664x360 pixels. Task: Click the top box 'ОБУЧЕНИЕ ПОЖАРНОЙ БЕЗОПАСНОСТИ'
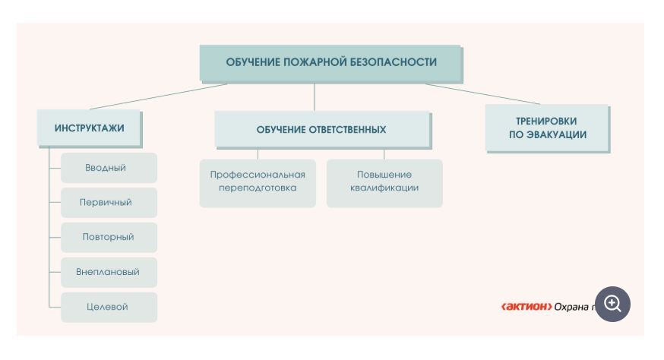330,63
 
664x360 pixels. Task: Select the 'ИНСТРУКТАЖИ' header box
90,128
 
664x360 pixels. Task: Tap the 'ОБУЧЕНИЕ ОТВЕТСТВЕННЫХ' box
321,130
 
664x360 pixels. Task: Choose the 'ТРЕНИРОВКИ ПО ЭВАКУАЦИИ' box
547,128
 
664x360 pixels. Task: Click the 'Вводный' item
109,168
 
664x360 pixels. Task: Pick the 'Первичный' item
109,203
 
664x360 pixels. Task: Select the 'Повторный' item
109,237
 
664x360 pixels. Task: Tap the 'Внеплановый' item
109,272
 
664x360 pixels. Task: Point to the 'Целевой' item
109,307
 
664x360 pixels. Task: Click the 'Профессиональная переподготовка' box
258,182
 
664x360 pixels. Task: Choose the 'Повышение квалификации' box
384,182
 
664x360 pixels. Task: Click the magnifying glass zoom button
612,305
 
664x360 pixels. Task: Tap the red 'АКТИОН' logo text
526,307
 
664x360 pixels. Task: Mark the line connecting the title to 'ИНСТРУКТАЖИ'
158,96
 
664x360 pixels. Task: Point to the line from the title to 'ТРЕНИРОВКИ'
482,93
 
